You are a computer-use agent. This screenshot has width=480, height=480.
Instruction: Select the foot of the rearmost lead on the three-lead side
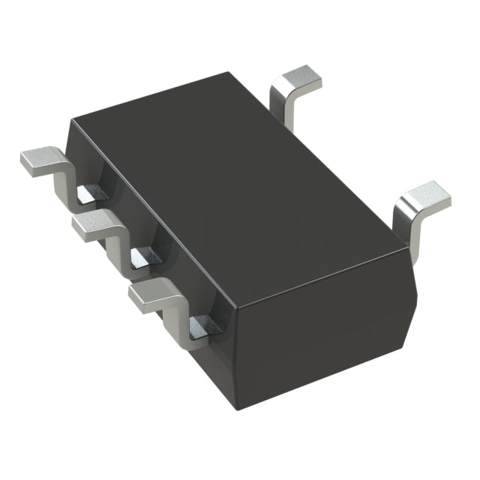39,160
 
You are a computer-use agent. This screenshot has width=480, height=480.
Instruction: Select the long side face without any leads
322,330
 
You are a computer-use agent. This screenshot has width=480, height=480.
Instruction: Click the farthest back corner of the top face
227,73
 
